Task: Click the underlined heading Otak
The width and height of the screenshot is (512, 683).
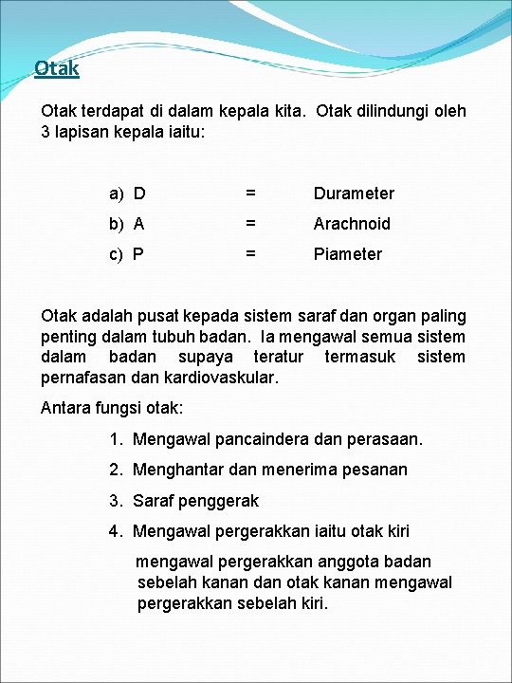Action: pos(56,68)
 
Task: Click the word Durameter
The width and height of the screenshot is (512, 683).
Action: pos(354,194)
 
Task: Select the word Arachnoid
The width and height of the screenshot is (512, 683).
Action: pos(352,224)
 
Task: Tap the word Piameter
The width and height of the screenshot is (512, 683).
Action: pos(348,254)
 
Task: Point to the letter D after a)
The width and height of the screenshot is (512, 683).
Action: pos(139,194)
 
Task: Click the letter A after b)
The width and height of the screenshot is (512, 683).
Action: pos(139,224)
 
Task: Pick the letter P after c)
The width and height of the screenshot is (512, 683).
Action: pos(139,254)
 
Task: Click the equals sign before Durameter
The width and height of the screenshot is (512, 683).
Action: pos(250,194)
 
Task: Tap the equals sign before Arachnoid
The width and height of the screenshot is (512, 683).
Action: pos(250,224)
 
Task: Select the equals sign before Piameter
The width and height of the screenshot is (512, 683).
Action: pos(250,254)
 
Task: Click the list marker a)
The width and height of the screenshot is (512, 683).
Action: pos(117,194)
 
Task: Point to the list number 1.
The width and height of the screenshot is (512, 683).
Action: pos(116,439)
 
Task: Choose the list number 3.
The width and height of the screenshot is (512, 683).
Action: pos(116,500)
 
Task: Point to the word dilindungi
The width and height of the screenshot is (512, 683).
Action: pos(376,111)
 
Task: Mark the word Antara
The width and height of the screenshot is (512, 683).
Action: pos(66,408)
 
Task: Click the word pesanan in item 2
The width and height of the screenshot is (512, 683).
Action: pos(375,470)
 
